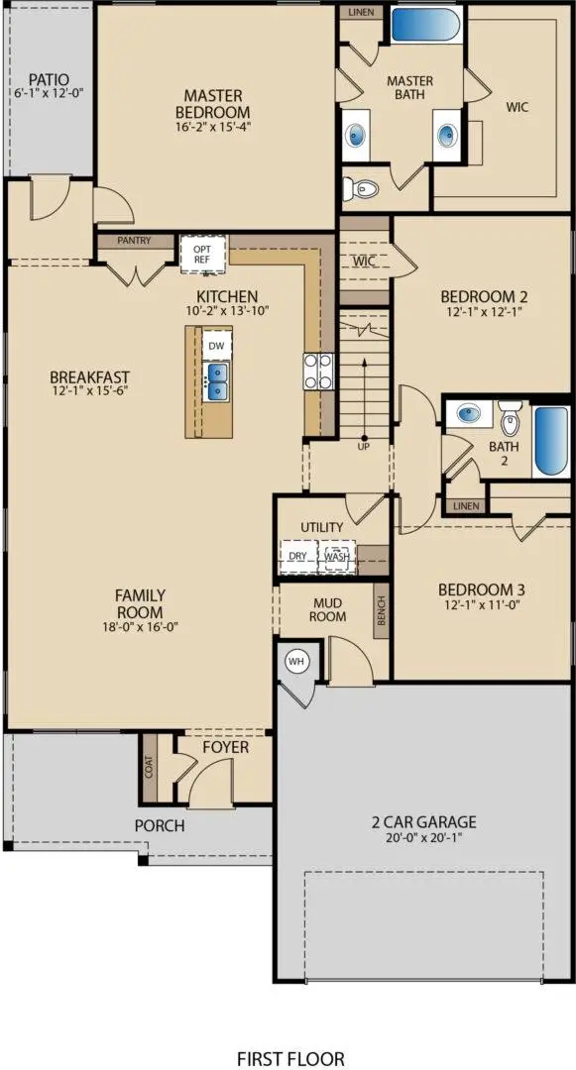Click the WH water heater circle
click(295, 660)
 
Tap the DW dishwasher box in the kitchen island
click(216, 346)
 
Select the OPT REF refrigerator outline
click(202, 254)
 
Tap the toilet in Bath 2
click(510, 420)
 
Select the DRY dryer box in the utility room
click(297, 556)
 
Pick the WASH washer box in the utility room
click(337, 556)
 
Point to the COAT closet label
click(150, 767)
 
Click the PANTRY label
click(133, 240)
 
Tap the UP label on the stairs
click(364, 447)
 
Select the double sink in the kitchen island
click(216, 379)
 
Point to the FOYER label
click(225, 746)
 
